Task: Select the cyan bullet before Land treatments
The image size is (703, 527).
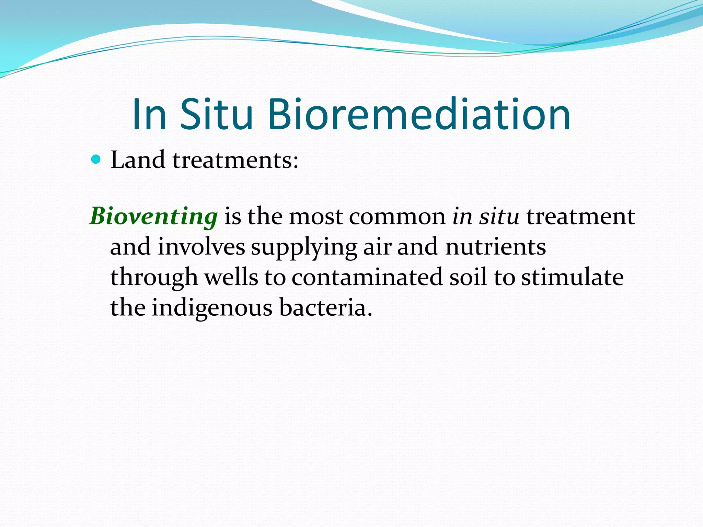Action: tap(96, 160)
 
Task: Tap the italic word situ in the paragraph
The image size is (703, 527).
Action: tap(499, 217)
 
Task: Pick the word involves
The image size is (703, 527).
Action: tap(201, 247)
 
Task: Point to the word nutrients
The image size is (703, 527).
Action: tap(495, 247)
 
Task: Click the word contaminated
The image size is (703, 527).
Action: tap(367, 277)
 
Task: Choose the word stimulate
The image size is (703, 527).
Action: tap(572, 277)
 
